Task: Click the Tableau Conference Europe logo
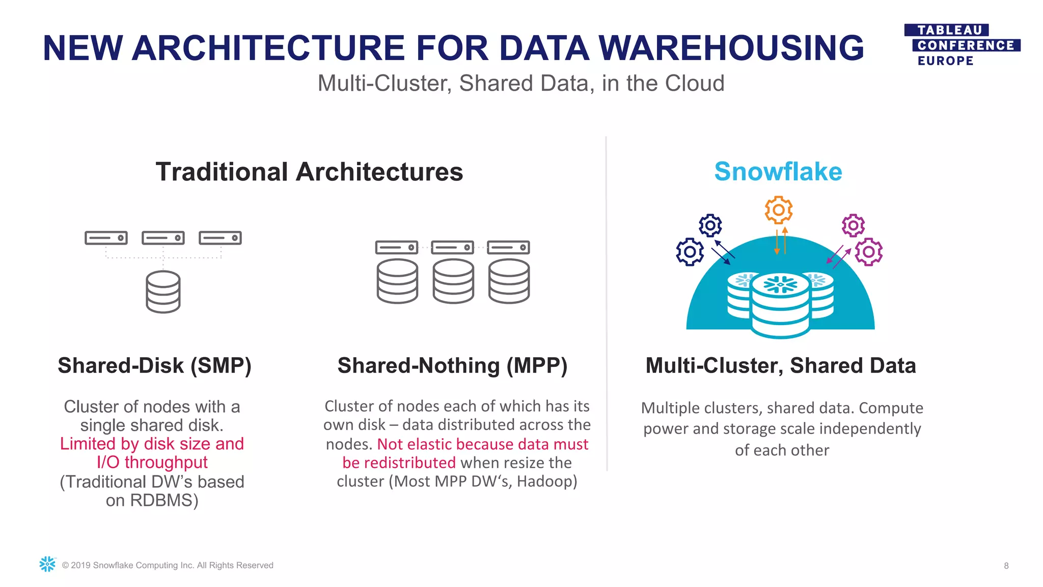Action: coord(962,45)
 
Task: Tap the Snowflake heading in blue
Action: coord(778,172)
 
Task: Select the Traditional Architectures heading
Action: coord(309,172)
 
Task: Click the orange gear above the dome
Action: coord(779,209)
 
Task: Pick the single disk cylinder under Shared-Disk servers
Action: coord(163,291)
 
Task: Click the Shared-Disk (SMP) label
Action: coord(154,366)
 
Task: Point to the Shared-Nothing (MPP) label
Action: coord(452,366)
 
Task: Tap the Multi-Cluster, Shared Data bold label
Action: coord(780,366)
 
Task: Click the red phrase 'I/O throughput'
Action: coord(152,463)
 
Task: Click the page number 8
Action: coord(1006,566)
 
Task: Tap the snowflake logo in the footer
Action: coord(47,564)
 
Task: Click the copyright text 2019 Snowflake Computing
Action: coord(168,566)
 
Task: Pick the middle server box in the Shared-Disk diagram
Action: coord(163,238)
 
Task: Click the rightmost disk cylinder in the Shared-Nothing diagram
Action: coord(509,281)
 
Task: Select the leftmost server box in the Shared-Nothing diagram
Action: coord(397,248)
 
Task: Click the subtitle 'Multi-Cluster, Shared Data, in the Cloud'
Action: coord(520,84)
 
